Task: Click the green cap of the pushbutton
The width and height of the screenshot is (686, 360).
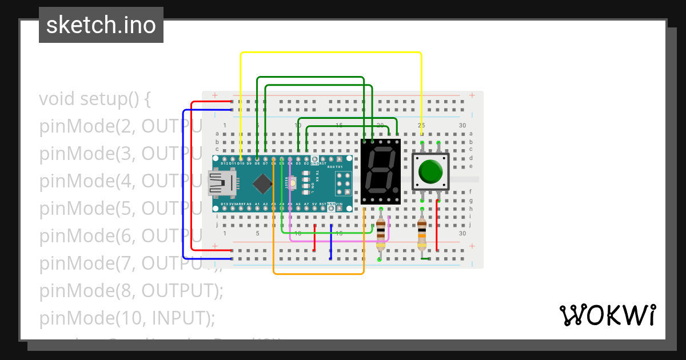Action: (430, 171)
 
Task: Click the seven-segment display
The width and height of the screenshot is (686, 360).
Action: (380, 171)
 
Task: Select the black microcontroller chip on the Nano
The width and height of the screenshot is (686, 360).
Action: (262, 183)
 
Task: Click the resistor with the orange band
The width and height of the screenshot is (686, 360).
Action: (422, 234)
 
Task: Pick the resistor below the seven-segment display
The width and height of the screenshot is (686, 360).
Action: (380, 234)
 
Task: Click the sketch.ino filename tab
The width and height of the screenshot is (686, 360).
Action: (101, 25)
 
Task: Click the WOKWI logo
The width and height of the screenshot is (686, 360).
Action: (607, 315)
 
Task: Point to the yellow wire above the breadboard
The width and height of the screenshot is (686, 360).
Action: (330, 53)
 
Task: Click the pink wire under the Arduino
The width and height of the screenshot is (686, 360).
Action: (337, 241)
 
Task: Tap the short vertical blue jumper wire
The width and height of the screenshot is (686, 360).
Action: (331, 242)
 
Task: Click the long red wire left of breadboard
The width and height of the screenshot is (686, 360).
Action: (190, 177)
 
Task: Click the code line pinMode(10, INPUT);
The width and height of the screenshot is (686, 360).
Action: (127, 318)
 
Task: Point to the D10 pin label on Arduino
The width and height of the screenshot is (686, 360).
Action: (241, 163)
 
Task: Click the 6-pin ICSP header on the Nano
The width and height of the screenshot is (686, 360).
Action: (343, 184)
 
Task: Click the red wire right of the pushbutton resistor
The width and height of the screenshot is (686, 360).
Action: (437, 226)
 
